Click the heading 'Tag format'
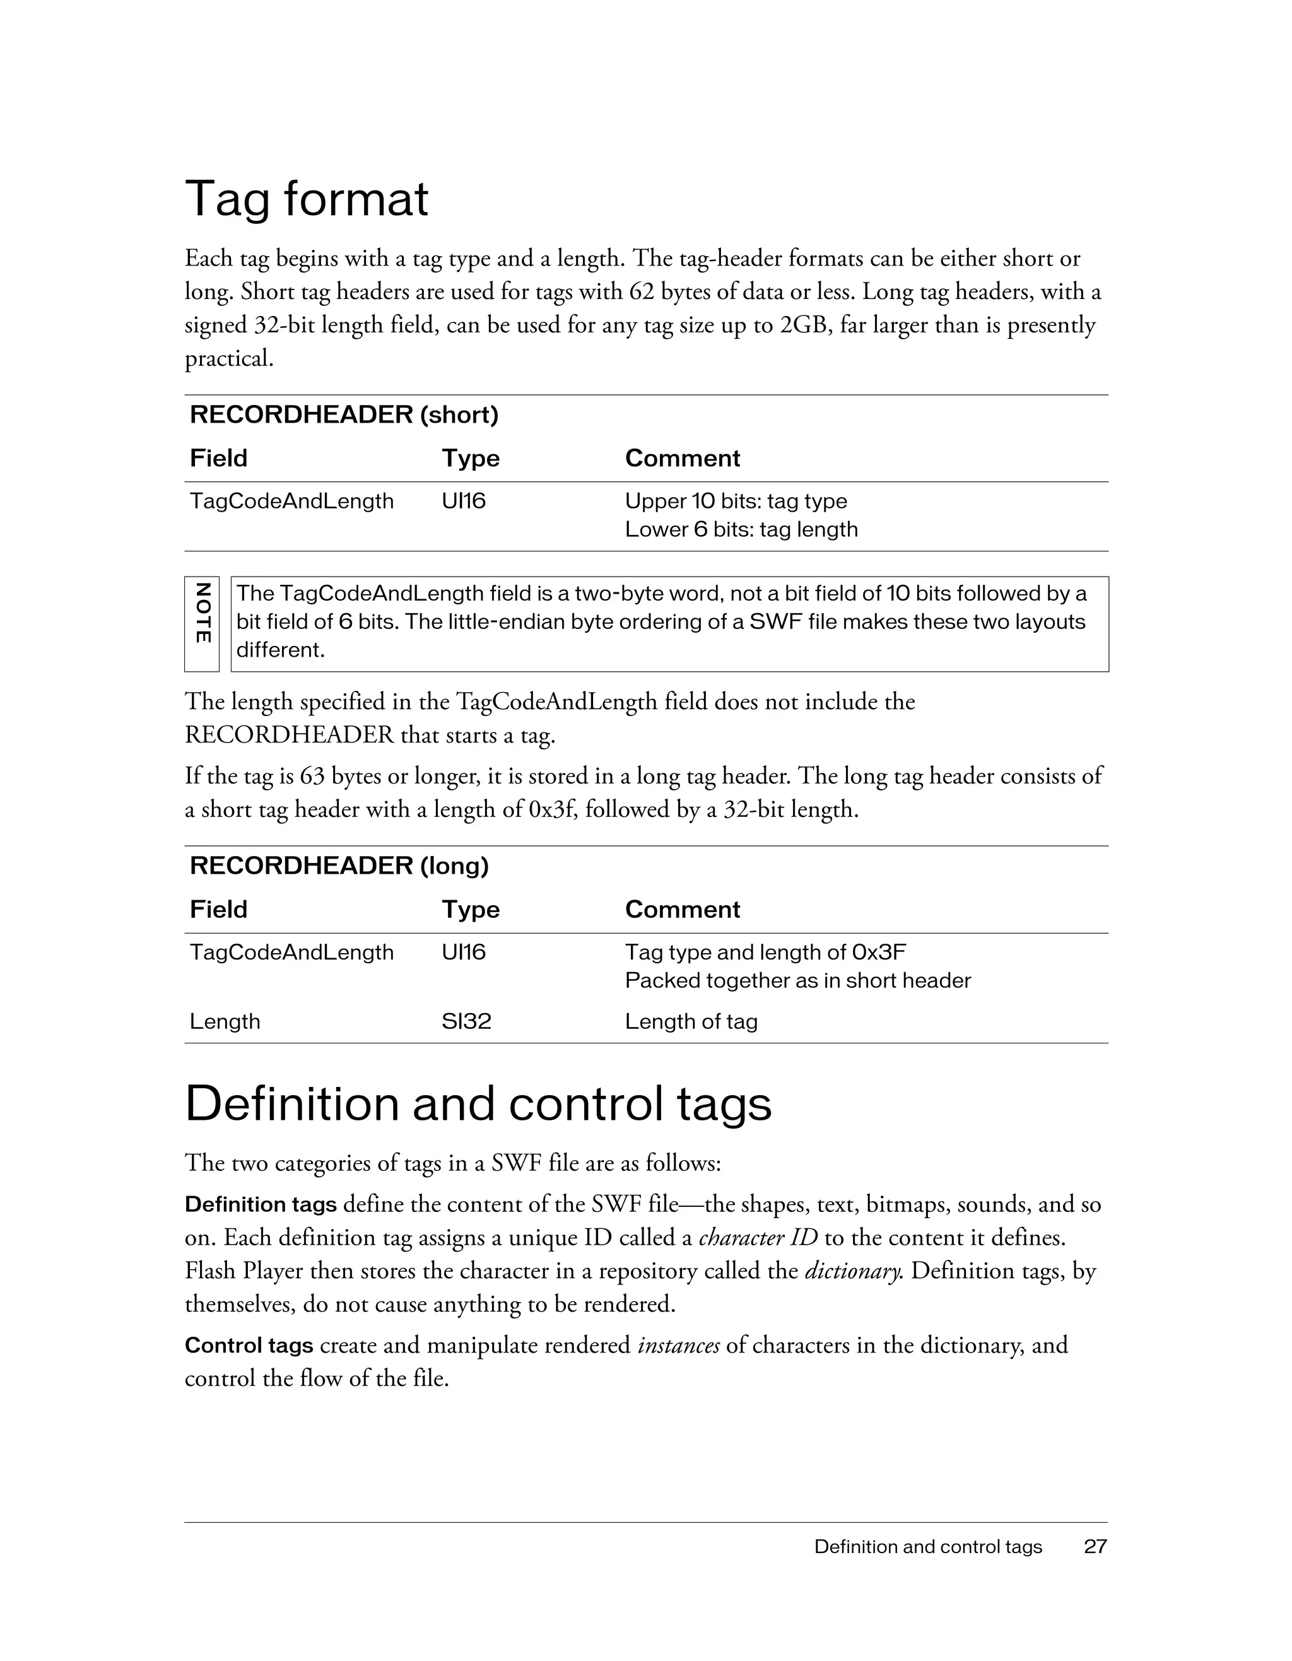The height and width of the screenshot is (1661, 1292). tap(307, 199)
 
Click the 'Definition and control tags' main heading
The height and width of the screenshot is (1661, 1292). tap(478, 1103)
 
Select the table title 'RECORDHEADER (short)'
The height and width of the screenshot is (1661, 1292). tap(344, 414)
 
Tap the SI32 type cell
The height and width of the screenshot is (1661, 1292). tap(466, 1021)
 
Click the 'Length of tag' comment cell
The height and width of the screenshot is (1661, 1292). tap(691, 1021)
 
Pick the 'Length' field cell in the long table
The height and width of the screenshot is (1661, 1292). tap(225, 1021)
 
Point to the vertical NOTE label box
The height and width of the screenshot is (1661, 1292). tap(201, 624)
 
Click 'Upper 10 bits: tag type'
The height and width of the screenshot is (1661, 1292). tap(736, 501)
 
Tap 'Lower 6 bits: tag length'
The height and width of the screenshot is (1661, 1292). tap(741, 529)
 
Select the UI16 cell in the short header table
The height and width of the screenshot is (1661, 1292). tap(463, 501)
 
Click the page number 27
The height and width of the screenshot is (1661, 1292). tap(1095, 1546)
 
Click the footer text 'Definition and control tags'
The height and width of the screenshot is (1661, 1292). tap(928, 1546)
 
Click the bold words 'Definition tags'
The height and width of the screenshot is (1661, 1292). tap(261, 1205)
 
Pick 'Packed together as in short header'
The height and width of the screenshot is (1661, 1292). tap(797, 980)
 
